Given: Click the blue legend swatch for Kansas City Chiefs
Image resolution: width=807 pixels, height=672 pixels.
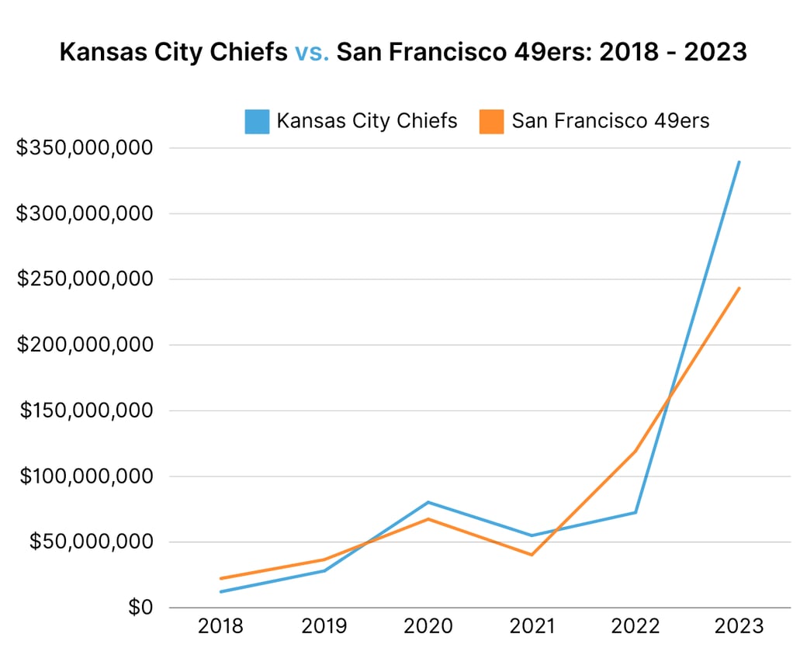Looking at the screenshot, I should click(x=257, y=122).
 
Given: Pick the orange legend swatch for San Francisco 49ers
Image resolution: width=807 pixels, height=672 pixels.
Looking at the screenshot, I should click(x=492, y=122).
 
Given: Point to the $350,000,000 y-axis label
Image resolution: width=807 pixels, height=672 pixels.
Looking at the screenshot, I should click(x=85, y=147).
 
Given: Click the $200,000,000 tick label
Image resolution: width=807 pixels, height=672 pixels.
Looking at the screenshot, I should click(x=85, y=345).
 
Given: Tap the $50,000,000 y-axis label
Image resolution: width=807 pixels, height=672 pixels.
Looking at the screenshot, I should click(x=92, y=542).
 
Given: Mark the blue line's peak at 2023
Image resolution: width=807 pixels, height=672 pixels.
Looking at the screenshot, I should click(x=739, y=161).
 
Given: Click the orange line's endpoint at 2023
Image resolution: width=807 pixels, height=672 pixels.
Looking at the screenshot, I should click(x=739, y=288).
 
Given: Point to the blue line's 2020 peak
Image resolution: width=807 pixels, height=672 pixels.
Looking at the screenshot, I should click(x=428, y=502).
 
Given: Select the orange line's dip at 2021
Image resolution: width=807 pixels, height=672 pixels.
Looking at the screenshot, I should click(x=532, y=555).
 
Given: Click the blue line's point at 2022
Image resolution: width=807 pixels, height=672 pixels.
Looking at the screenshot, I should click(x=636, y=512).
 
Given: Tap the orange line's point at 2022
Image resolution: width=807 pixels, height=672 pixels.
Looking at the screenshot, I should click(x=636, y=451).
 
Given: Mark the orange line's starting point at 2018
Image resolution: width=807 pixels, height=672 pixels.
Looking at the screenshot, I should click(x=220, y=578).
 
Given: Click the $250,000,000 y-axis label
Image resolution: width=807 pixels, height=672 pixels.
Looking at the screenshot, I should click(x=85, y=279).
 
